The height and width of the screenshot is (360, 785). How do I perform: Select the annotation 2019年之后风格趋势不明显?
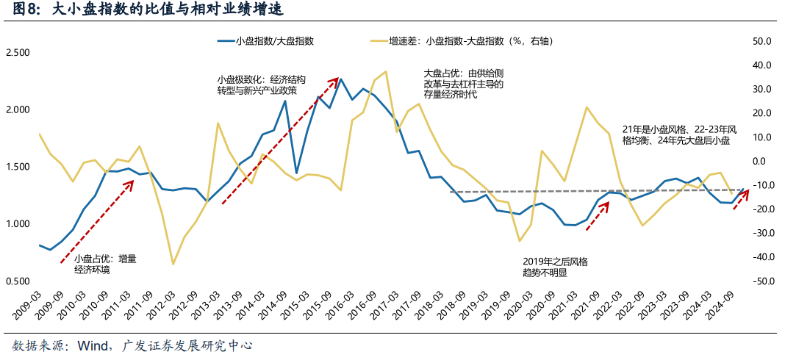click(x=555, y=267)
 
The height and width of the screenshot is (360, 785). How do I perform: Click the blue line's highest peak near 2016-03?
click(x=340, y=79)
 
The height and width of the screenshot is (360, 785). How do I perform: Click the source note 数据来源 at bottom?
click(x=132, y=346)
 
